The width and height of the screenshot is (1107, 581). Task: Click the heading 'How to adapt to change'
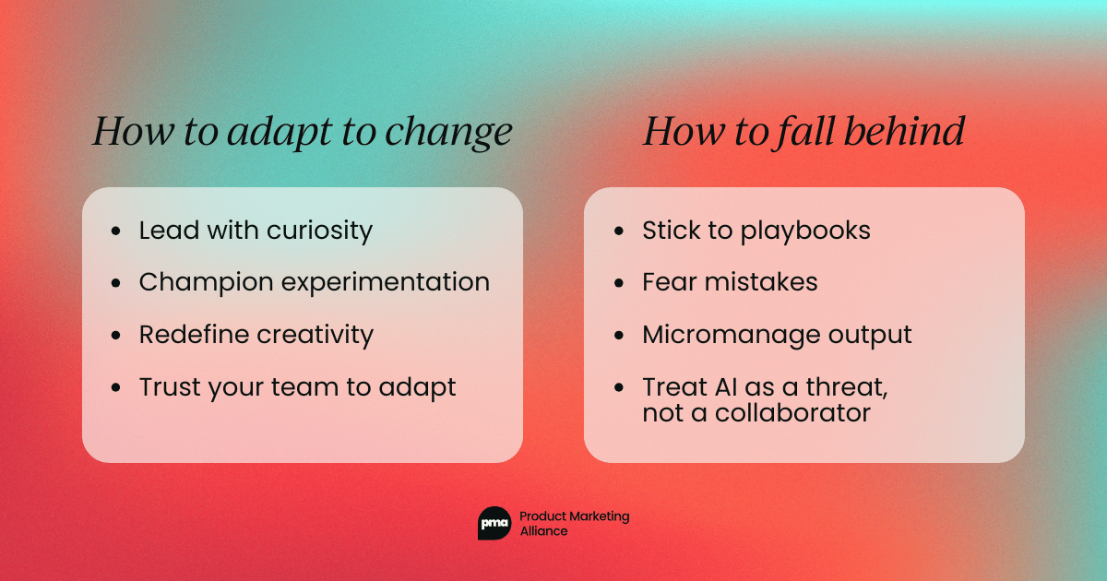(x=302, y=132)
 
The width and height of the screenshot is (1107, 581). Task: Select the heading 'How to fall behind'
(x=803, y=132)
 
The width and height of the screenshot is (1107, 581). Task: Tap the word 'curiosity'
(x=319, y=231)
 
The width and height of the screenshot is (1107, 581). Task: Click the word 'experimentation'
(x=386, y=282)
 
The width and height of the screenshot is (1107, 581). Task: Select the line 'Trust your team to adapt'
(x=297, y=387)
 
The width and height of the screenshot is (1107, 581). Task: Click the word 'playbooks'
(x=805, y=231)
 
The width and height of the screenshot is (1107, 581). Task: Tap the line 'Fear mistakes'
(x=730, y=282)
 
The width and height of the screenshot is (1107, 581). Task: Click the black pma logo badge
(x=494, y=524)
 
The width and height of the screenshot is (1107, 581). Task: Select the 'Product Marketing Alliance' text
(x=574, y=524)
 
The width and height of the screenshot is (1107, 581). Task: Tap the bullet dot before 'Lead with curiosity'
(x=115, y=231)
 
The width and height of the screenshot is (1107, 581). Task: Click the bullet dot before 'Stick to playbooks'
(x=618, y=231)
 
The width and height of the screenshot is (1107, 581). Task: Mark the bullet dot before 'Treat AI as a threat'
(x=618, y=388)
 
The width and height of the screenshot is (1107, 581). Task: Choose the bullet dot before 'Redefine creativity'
(x=115, y=336)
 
